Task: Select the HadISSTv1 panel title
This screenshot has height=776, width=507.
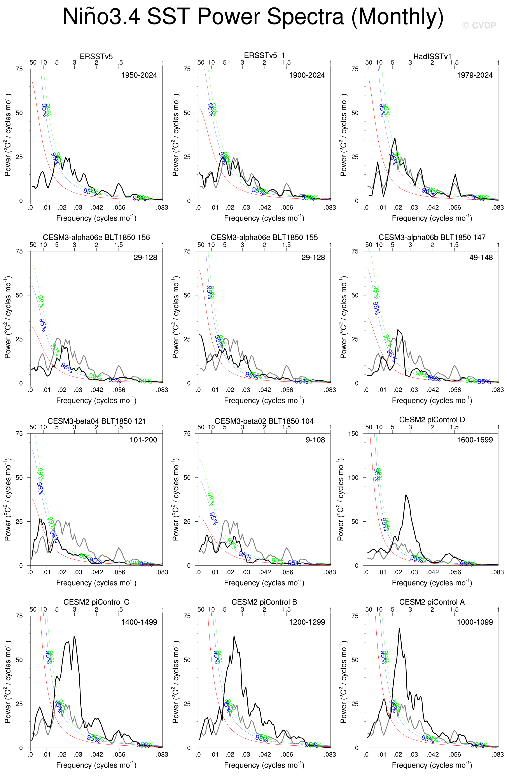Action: pyautogui.click(x=432, y=56)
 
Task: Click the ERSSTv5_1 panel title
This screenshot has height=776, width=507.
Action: pyautogui.click(x=264, y=56)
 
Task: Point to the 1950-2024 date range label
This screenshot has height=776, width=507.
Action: pyautogui.click(x=139, y=75)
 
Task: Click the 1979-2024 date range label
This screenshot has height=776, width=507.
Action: pyautogui.click(x=474, y=75)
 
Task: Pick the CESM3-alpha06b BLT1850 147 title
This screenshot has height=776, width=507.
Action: pyautogui.click(x=432, y=237)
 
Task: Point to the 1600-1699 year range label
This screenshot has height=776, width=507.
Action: pyautogui.click(x=474, y=440)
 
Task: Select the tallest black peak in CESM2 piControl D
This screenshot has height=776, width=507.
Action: pyautogui.click(x=406, y=495)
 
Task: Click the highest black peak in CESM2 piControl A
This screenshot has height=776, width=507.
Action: pyautogui.click(x=399, y=629)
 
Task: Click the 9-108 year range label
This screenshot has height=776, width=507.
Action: pyautogui.click(x=315, y=440)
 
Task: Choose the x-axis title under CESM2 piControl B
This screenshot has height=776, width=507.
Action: pyautogui.click(x=264, y=765)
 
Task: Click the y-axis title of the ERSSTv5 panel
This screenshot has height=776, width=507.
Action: pyautogui.click(x=8, y=135)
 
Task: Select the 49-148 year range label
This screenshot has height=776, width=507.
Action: pyautogui.click(x=481, y=258)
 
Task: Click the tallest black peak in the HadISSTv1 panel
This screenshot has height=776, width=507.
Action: pyautogui.click(x=395, y=138)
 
